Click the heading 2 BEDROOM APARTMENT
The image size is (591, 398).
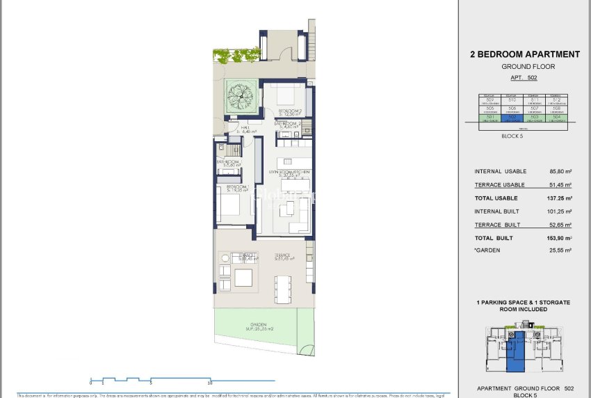[x=525, y=54]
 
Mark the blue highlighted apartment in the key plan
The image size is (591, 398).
[x=515, y=354]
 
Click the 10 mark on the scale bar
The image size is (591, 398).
[x=209, y=383]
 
